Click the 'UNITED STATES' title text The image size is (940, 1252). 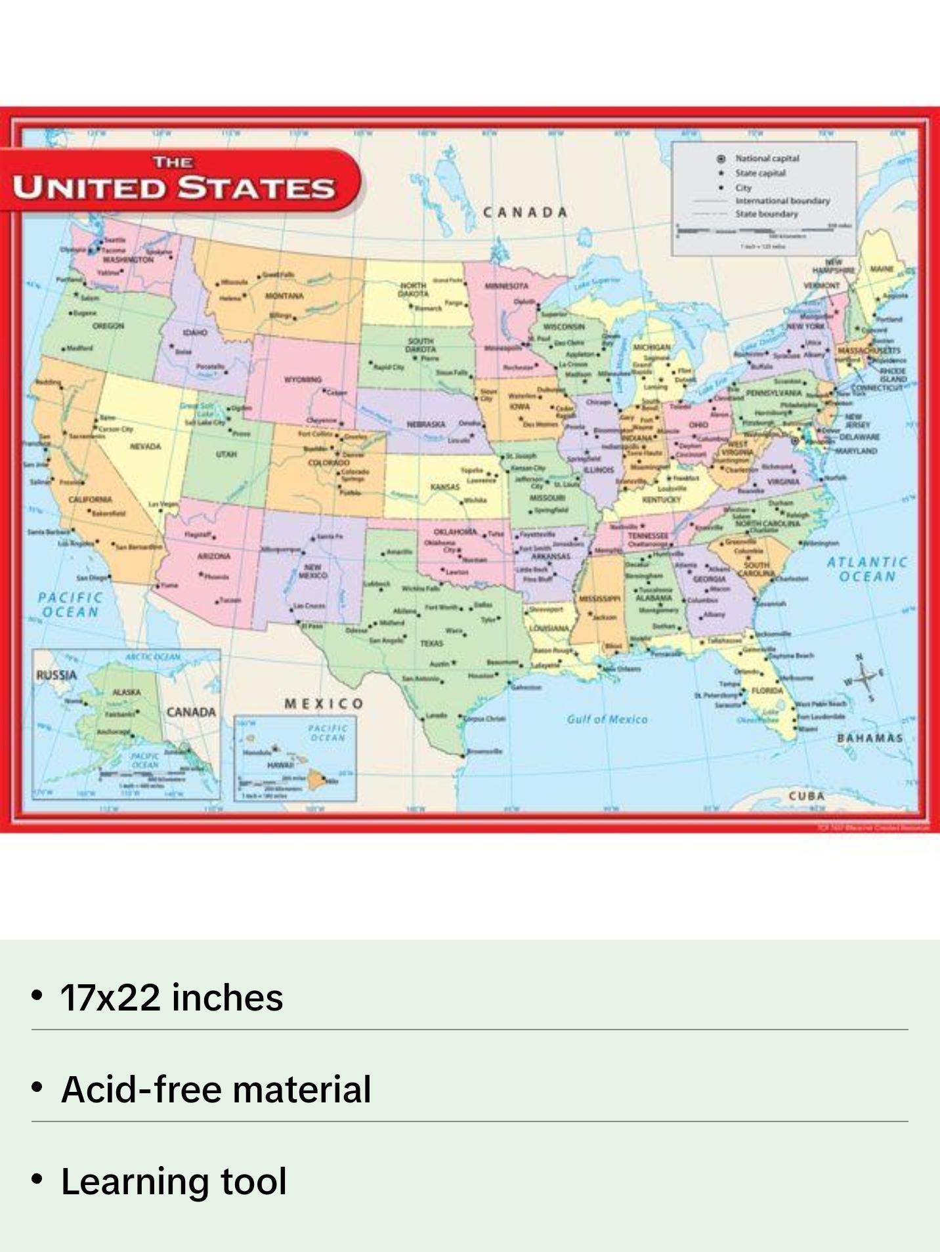coord(175,187)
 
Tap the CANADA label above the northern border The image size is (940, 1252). coord(525,212)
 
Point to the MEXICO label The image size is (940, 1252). coord(324,703)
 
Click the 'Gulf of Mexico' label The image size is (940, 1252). coord(607,719)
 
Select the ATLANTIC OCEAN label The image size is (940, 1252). coord(867,569)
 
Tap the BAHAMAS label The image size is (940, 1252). coord(870,738)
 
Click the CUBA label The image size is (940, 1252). coord(807,795)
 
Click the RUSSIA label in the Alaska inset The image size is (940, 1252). coord(56,675)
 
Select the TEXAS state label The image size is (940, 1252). coord(431,643)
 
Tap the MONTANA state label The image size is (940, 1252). coord(284,296)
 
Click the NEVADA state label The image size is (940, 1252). coord(145,446)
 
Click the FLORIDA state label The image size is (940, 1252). coord(767,690)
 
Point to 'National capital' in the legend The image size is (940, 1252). coord(767,158)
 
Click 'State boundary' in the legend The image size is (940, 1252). coord(766,214)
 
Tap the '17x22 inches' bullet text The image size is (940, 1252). coord(172,997)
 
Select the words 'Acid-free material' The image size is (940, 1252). coord(216,1089)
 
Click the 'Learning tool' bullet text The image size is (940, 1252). coord(174,1181)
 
